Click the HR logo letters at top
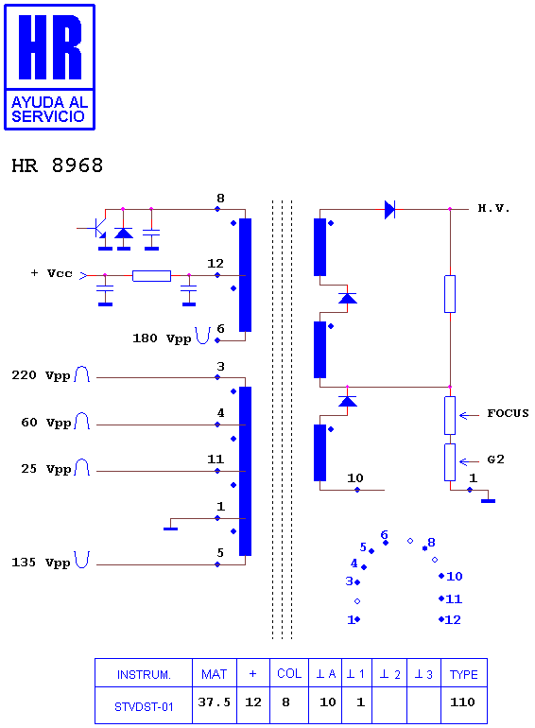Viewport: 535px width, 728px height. click(x=50, y=47)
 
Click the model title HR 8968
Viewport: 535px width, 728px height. click(x=57, y=165)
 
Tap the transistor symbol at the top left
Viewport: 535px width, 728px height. click(x=98, y=228)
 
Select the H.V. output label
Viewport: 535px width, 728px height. click(x=493, y=208)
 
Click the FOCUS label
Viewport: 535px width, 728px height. click(x=508, y=413)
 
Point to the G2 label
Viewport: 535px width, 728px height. click(x=495, y=459)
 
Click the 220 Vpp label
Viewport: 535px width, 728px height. click(x=41, y=375)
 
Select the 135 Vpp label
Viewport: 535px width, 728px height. click(x=41, y=563)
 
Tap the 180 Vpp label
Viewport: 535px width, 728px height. click(x=162, y=338)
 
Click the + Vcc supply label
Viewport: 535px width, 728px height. click(x=51, y=273)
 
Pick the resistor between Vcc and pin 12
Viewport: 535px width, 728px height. click(x=152, y=276)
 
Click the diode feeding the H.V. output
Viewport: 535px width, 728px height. click(x=389, y=209)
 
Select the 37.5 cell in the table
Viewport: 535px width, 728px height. click(x=214, y=702)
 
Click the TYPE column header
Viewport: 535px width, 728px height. click(x=463, y=674)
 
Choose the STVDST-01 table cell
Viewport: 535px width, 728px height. click(x=144, y=706)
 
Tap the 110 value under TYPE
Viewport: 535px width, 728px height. click(x=462, y=702)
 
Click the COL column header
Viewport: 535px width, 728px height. click(x=289, y=673)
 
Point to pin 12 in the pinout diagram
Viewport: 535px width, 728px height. click(x=450, y=620)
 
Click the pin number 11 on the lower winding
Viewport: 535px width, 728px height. click(x=216, y=459)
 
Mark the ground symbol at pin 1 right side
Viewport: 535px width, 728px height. click(x=488, y=500)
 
